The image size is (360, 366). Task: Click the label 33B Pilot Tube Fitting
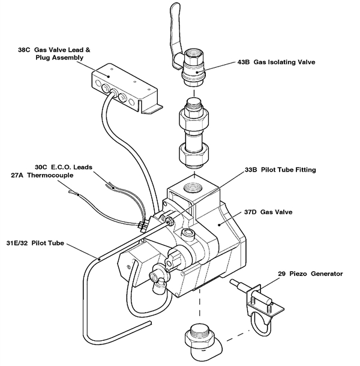pos(280,170)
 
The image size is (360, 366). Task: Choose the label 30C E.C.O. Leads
pos(64,167)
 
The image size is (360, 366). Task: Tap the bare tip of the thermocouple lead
pos(71,193)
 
